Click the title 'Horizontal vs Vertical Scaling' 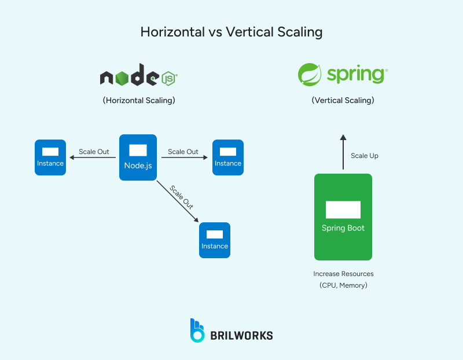coord(231,32)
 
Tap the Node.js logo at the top coord(138,78)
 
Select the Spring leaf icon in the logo coord(310,75)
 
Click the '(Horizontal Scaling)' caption coord(139,101)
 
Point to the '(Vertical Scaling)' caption coord(343,101)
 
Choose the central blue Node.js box coord(138,157)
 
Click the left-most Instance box coord(50,157)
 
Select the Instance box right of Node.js coord(228,157)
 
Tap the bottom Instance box coord(215,240)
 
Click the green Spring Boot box coord(343,217)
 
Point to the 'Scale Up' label coord(365,156)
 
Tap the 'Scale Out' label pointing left coord(94,152)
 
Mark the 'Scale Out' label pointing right coord(183,152)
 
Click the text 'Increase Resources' coord(343,274)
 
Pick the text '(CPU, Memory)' coord(343,285)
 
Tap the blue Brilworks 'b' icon coord(197,330)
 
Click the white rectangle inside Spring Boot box coord(343,210)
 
